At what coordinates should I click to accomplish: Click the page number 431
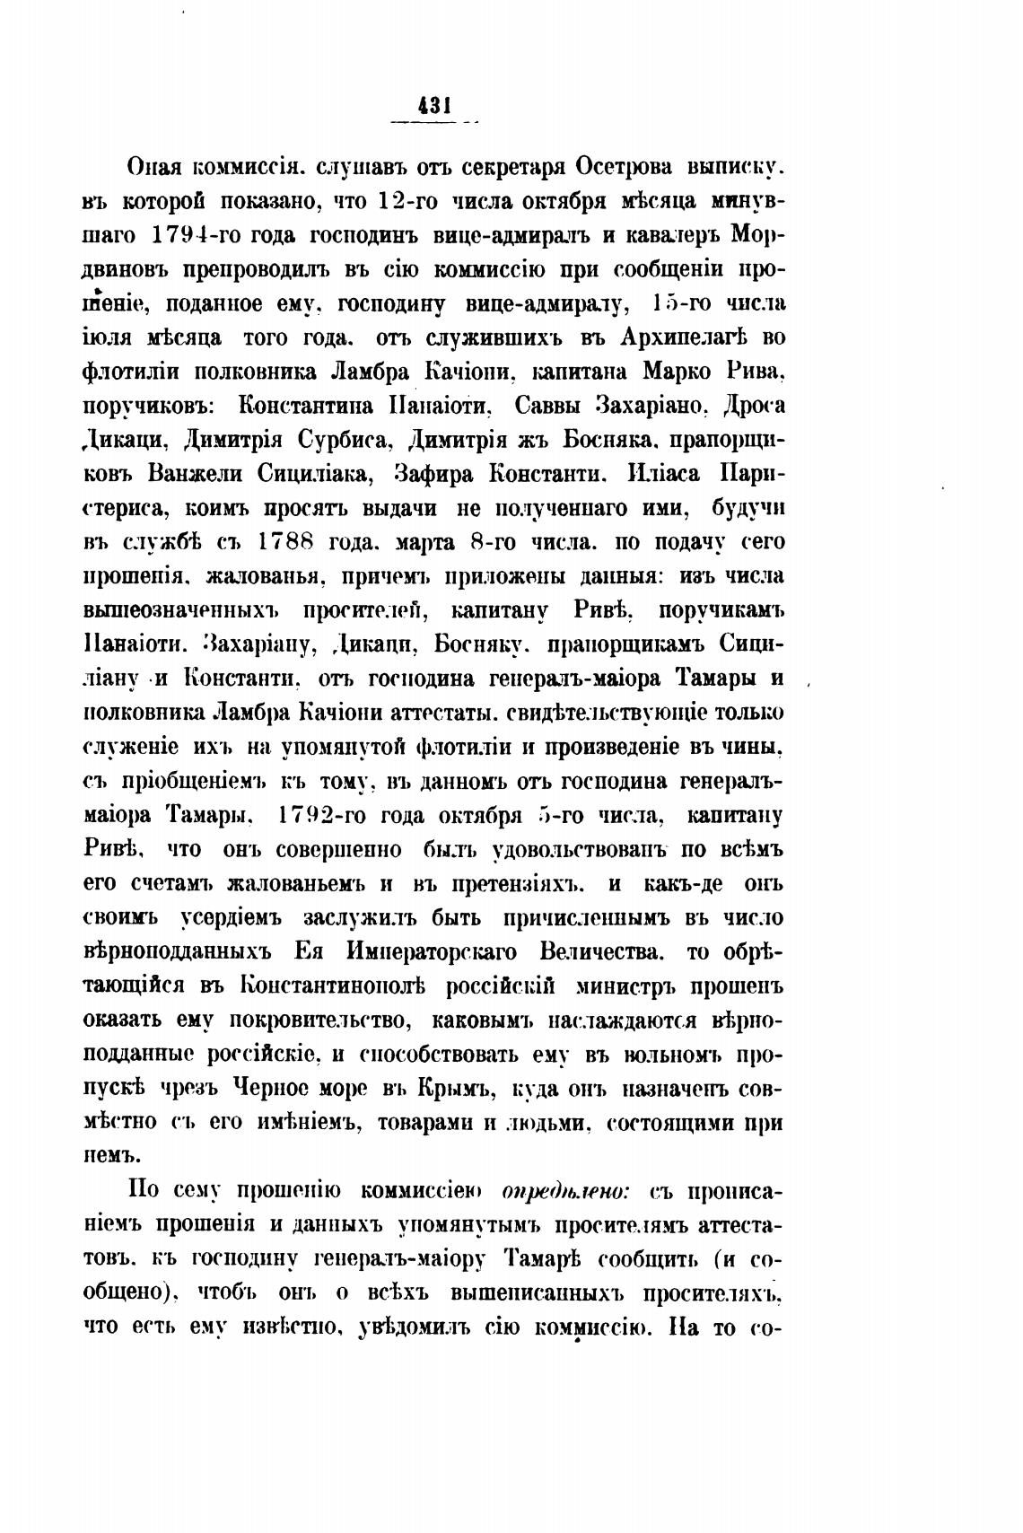(x=433, y=106)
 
